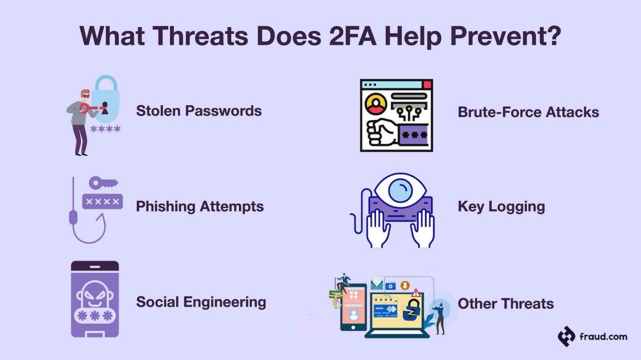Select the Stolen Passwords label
(x=199, y=111)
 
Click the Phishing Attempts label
(x=199, y=206)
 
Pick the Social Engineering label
(x=201, y=302)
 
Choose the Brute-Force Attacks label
(x=528, y=112)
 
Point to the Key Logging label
(x=501, y=206)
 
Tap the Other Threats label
(x=505, y=304)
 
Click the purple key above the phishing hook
(x=103, y=183)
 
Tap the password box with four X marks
(x=102, y=201)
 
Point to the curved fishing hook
(x=90, y=232)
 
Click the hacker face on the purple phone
(x=95, y=294)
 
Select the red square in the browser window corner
(x=427, y=85)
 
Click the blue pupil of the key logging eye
(x=400, y=190)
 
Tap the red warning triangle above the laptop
(x=416, y=293)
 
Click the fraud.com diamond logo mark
(x=566, y=336)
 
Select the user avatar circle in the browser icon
(x=376, y=104)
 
